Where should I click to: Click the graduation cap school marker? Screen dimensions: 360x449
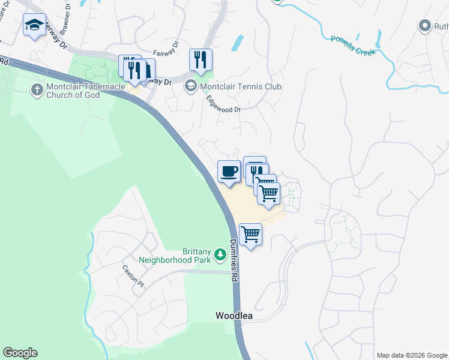coord(34,25)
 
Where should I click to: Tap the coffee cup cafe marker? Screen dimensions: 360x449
coord(229,172)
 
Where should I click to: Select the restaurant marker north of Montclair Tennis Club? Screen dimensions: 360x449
coord(200,59)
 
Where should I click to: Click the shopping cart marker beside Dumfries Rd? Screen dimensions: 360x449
coord(250,235)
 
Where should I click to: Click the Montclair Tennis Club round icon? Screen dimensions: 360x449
coord(191,86)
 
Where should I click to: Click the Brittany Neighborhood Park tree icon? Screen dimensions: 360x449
coord(220,255)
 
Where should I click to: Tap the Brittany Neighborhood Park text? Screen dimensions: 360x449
coord(175,256)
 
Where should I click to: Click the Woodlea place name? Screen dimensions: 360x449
coord(234,316)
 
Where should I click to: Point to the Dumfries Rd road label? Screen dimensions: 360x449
coord(234,262)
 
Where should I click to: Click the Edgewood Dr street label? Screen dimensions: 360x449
coord(223,104)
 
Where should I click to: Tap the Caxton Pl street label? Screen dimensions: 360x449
coord(133,276)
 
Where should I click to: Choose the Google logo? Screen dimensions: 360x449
coord(20,353)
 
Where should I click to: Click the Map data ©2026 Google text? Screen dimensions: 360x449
coord(411,355)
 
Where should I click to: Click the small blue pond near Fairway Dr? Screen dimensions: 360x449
coord(238,43)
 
